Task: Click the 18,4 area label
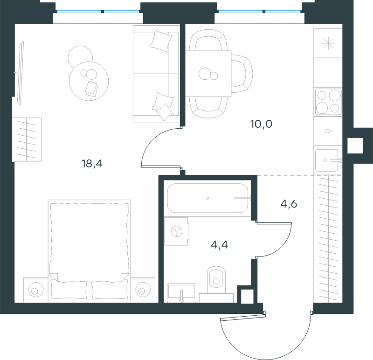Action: click(92, 164)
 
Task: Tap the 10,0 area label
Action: click(261, 124)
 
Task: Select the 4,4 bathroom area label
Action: click(219, 245)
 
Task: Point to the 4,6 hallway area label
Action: click(289, 204)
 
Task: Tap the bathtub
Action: click(207, 198)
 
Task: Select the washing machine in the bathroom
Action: click(177, 231)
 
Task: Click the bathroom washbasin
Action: click(181, 293)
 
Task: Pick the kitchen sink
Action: click(327, 160)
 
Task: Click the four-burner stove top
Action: click(328, 102)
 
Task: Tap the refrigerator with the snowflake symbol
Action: click(328, 43)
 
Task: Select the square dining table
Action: click(208, 74)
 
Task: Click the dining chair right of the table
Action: click(242, 74)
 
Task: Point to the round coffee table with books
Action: click(89, 81)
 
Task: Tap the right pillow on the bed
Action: click(110, 290)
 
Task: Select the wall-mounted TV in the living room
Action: click(21, 73)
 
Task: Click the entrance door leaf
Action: click(242, 316)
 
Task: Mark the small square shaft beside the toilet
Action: click(247, 296)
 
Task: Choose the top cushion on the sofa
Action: click(161, 41)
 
